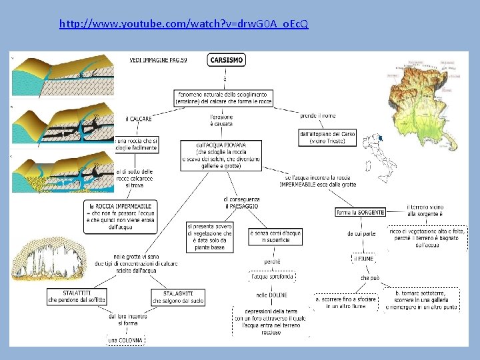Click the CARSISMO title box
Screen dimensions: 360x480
(x=227, y=60)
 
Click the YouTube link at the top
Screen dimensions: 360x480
(x=183, y=24)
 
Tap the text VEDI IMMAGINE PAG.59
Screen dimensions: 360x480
(x=159, y=60)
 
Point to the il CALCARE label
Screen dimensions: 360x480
(x=139, y=119)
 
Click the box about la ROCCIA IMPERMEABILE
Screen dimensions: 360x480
(x=121, y=216)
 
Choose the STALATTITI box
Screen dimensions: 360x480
(x=77, y=297)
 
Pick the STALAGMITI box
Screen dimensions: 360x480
(x=179, y=297)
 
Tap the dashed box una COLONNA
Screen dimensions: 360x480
(x=126, y=340)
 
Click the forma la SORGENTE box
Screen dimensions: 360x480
(x=361, y=212)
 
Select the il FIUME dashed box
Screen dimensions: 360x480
(x=363, y=257)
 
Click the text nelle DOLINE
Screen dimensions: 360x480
(x=271, y=294)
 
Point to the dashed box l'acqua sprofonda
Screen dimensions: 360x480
(x=272, y=276)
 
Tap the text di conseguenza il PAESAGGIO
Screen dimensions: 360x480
(x=241, y=203)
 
